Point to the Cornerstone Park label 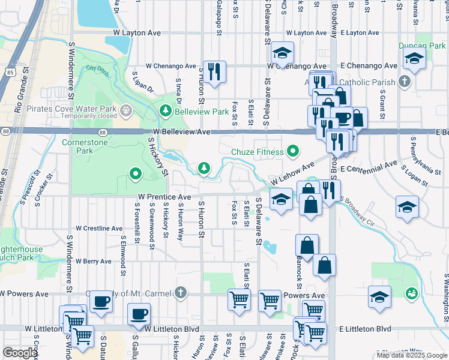[x=86, y=146]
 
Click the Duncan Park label [x=421, y=45]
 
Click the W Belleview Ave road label [x=181, y=131]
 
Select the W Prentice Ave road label [x=164, y=196]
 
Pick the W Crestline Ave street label [x=99, y=229]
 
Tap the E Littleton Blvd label [x=365, y=329]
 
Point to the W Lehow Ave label [x=292, y=173]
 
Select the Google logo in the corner [x=20, y=353]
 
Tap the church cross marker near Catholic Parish [x=405, y=82]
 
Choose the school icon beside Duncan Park [x=414, y=59]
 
